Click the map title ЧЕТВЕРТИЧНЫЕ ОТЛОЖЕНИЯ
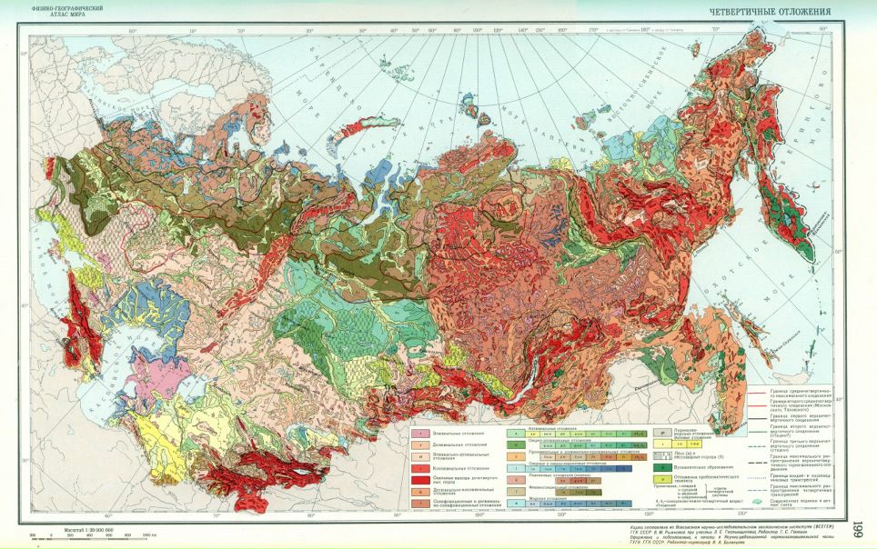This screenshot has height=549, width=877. [771, 11]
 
